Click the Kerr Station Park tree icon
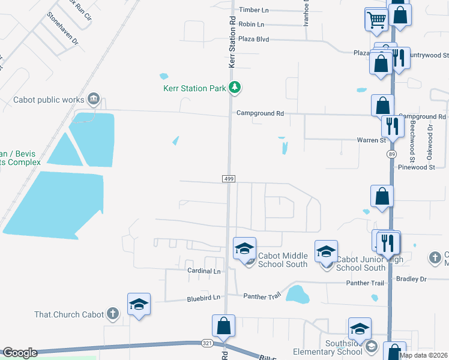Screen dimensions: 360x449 coord(235,88)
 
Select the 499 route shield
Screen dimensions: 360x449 coord(228,179)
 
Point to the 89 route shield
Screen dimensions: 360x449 coord(391,154)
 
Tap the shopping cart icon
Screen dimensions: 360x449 coord(376,20)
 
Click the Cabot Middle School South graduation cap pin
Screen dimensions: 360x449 coord(245,249)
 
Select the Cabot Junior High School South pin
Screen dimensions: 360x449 coord(326,251)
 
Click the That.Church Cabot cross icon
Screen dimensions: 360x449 coord(112,313)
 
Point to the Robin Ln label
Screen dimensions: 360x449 coord(251,25)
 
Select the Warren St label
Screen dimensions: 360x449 coord(373,140)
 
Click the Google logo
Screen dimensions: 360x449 coord(20,353)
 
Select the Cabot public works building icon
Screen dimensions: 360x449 coord(94,98)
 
